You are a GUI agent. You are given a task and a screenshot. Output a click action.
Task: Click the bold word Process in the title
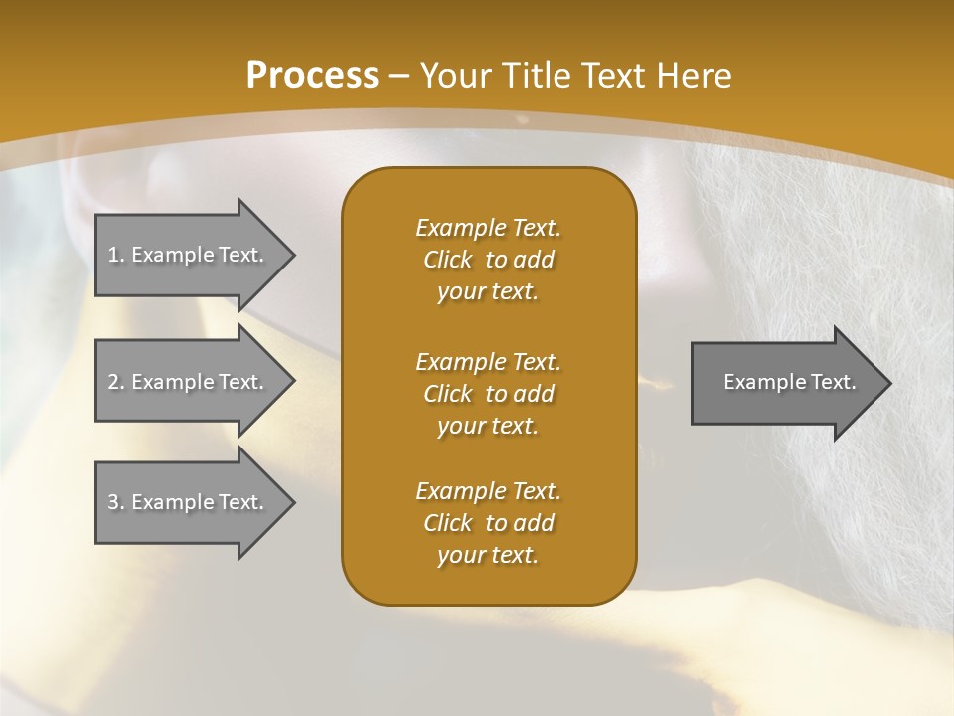tap(312, 76)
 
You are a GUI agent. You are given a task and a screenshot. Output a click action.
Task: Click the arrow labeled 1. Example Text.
tap(187, 255)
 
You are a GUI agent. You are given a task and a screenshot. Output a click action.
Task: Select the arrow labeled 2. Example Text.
tap(187, 382)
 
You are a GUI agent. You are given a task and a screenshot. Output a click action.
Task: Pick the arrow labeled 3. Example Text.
tap(187, 502)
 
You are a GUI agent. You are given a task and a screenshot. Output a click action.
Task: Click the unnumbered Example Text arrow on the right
tap(789, 383)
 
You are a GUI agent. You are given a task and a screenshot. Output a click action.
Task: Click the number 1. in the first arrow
tap(116, 255)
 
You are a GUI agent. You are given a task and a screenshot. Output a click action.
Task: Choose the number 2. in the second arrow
tap(116, 382)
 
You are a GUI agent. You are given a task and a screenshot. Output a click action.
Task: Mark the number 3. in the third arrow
tap(116, 502)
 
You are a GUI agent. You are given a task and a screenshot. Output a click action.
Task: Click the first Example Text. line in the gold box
tap(488, 228)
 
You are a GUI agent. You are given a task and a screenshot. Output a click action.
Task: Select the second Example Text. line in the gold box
tap(488, 361)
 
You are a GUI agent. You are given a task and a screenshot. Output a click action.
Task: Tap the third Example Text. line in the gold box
tap(488, 491)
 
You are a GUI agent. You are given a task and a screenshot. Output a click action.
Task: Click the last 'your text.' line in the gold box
tap(488, 556)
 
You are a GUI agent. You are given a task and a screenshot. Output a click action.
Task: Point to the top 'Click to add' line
tap(488, 260)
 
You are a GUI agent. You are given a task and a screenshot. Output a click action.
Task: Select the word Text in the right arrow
tap(833, 382)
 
